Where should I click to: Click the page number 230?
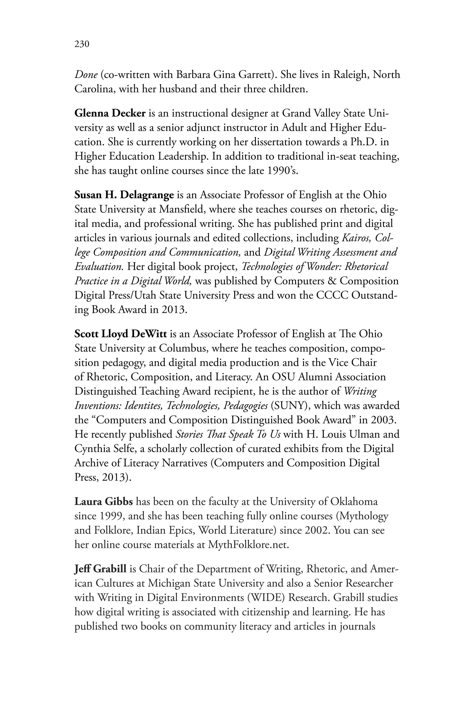point(82,44)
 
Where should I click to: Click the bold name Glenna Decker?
point(110,113)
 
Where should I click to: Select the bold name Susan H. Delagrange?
point(124,195)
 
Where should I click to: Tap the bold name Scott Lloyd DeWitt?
point(121,334)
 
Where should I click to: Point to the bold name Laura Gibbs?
point(103,502)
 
